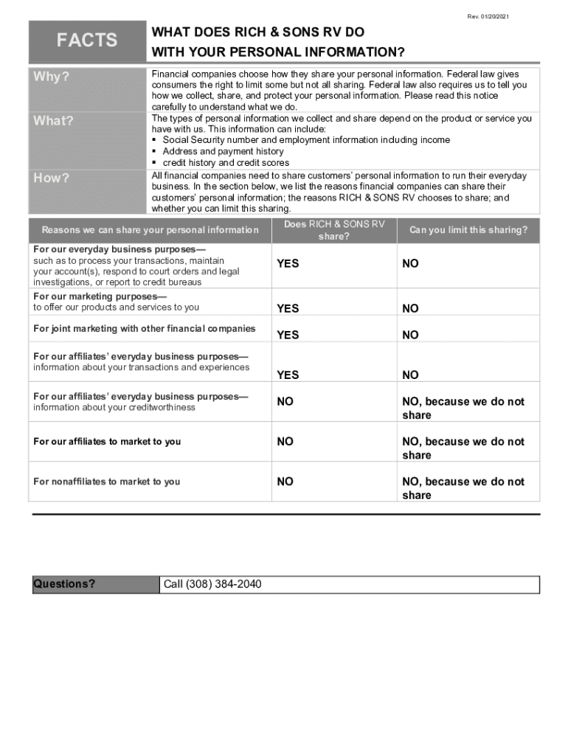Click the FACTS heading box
coord(87,41)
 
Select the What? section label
coord(54,122)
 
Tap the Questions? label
coord(65,585)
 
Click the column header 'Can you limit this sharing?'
coord(468,230)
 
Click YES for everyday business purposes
coord(288,263)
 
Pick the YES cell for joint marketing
coord(288,335)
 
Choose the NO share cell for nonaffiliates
coord(285,481)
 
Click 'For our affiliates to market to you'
coord(107,442)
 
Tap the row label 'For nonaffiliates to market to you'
coord(107,481)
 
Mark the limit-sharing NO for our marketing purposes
coord(410,309)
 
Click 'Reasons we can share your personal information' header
coord(150,230)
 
